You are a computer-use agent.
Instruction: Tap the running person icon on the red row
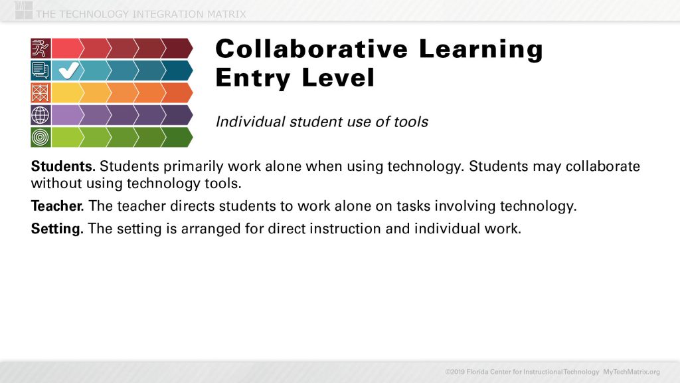(41, 48)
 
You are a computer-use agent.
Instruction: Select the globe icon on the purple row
(41, 115)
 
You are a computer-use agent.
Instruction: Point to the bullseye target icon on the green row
(41, 137)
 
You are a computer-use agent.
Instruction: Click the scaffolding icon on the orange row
(41, 92)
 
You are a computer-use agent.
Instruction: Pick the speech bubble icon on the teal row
(41, 70)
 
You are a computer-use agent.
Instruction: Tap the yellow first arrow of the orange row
(66, 92)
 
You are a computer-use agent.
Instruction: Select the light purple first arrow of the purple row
(66, 115)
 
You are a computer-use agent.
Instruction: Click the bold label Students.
(62, 167)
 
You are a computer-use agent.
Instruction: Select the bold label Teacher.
(56, 207)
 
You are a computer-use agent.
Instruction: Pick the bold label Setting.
(56, 229)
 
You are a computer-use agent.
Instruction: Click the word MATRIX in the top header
(224, 14)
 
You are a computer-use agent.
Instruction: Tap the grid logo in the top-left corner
(23, 10)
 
